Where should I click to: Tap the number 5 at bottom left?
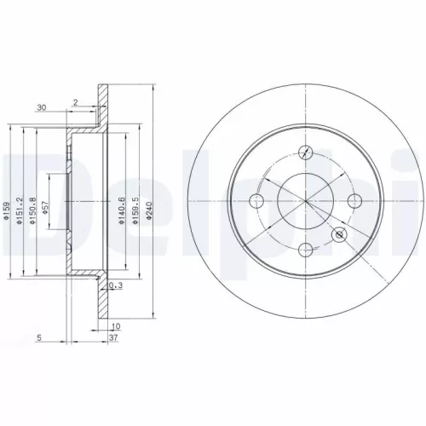[40, 337]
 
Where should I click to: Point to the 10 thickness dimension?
[117, 326]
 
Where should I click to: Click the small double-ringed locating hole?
[341, 234]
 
